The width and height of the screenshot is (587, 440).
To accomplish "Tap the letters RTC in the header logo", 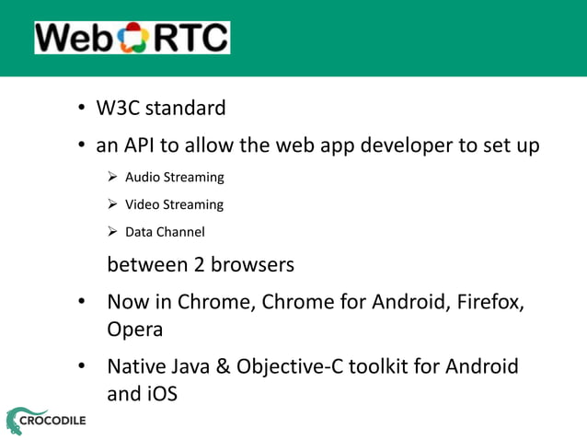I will click(x=189, y=38).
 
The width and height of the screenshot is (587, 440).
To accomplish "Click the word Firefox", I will click(x=494, y=302).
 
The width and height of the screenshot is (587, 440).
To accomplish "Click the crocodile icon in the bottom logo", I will click(x=17, y=420).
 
